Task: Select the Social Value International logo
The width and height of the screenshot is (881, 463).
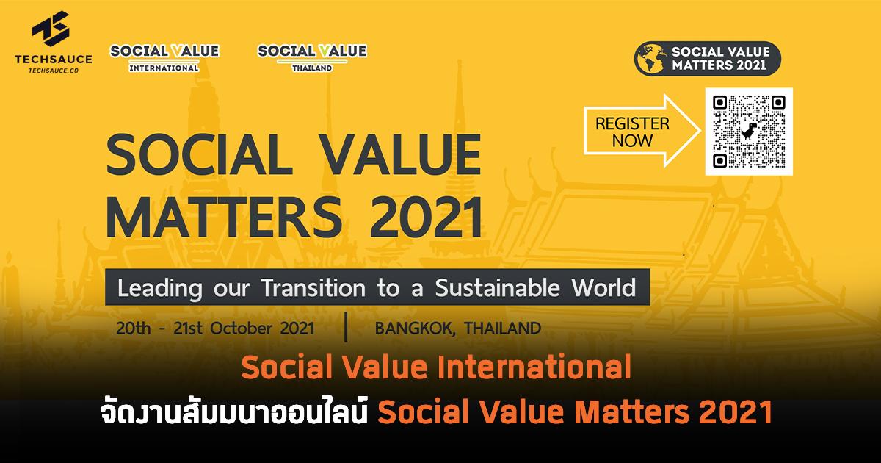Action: pyautogui.click(x=164, y=57)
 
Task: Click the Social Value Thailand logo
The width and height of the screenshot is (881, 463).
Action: pyautogui.click(x=312, y=57)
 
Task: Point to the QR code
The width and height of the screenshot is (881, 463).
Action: pyautogui.click(x=750, y=132)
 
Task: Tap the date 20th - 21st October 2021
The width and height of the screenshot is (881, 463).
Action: pyautogui.click(x=215, y=328)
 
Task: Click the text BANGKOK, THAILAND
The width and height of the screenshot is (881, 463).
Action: pyautogui.click(x=457, y=328)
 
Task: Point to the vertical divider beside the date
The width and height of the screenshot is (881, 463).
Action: pyautogui.click(x=345, y=328)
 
